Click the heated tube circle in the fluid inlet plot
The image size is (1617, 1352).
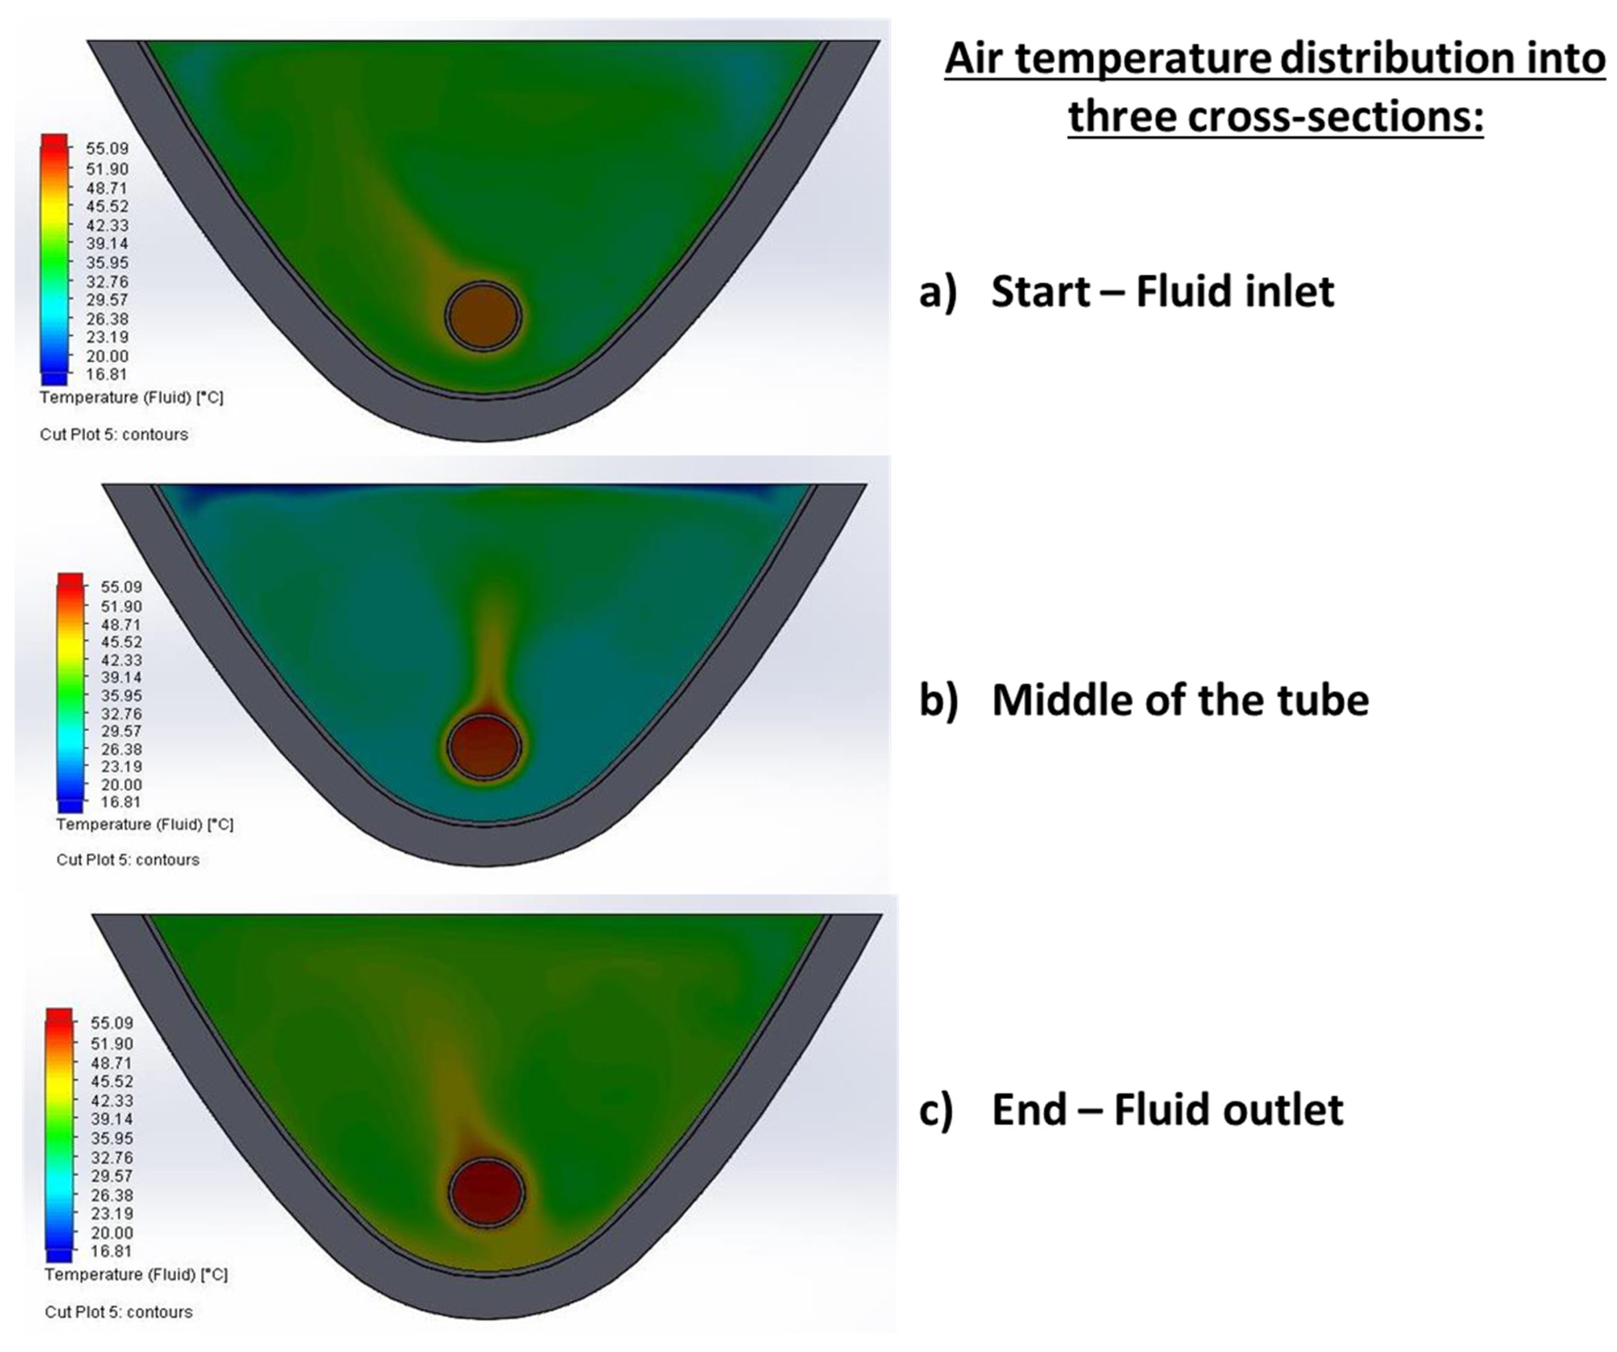coord(483,316)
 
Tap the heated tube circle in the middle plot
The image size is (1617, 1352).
coord(484,746)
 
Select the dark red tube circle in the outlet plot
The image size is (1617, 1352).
coord(487,1191)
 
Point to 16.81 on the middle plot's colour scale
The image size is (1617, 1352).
coord(121,802)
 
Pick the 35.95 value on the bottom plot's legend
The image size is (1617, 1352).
coord(112,1138)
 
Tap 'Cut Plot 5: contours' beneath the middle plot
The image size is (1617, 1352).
coord(128,860)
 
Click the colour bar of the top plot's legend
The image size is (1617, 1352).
coord(54,260)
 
